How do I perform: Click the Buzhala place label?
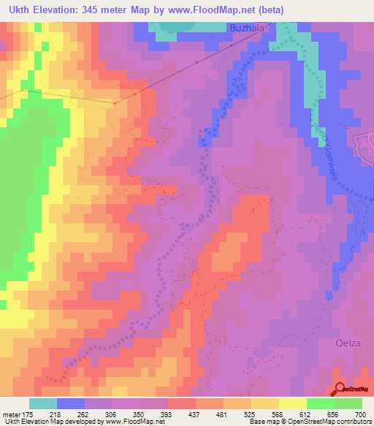click(248, 29)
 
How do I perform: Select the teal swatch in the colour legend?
click(43, 403)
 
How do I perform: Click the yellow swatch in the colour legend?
click(292, 403)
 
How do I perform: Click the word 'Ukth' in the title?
click(16, 10)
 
